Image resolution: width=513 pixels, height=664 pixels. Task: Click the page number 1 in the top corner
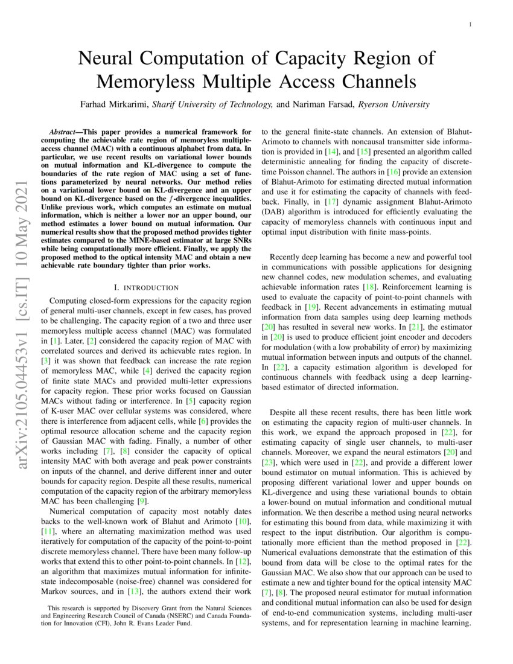470,24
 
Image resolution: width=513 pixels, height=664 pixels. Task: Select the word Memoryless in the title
156,80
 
